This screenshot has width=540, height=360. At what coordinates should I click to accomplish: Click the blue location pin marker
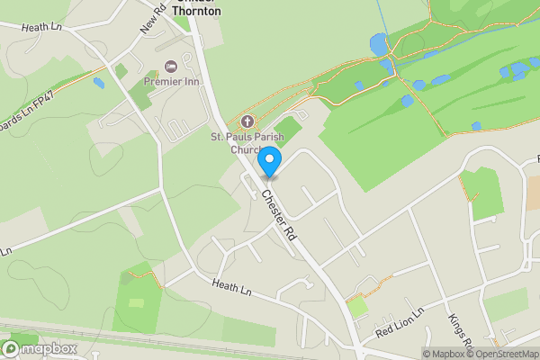pyautogui.click(x=267, y=163)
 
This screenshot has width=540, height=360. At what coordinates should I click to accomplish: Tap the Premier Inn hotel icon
pyautogui.click(x=171, y=67)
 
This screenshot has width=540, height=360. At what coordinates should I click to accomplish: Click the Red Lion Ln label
pyautogui.click(x=398, y=327)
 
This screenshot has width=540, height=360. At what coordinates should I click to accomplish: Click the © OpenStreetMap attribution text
pyautogui.click(x=500, y=354)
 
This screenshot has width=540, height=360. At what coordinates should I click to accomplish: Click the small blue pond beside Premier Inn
pyautogui.click(x=98, y=83)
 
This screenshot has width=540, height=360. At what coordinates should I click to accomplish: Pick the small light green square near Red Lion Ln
pyautogui.click(x=358, y=307)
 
